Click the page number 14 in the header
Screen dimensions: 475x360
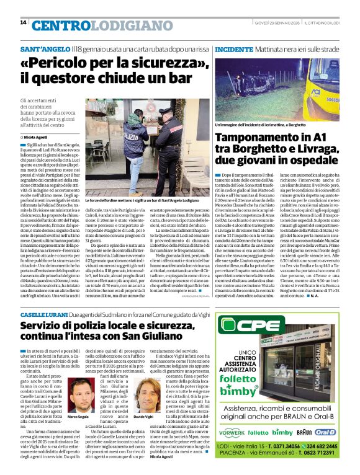(x=23, y=23)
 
